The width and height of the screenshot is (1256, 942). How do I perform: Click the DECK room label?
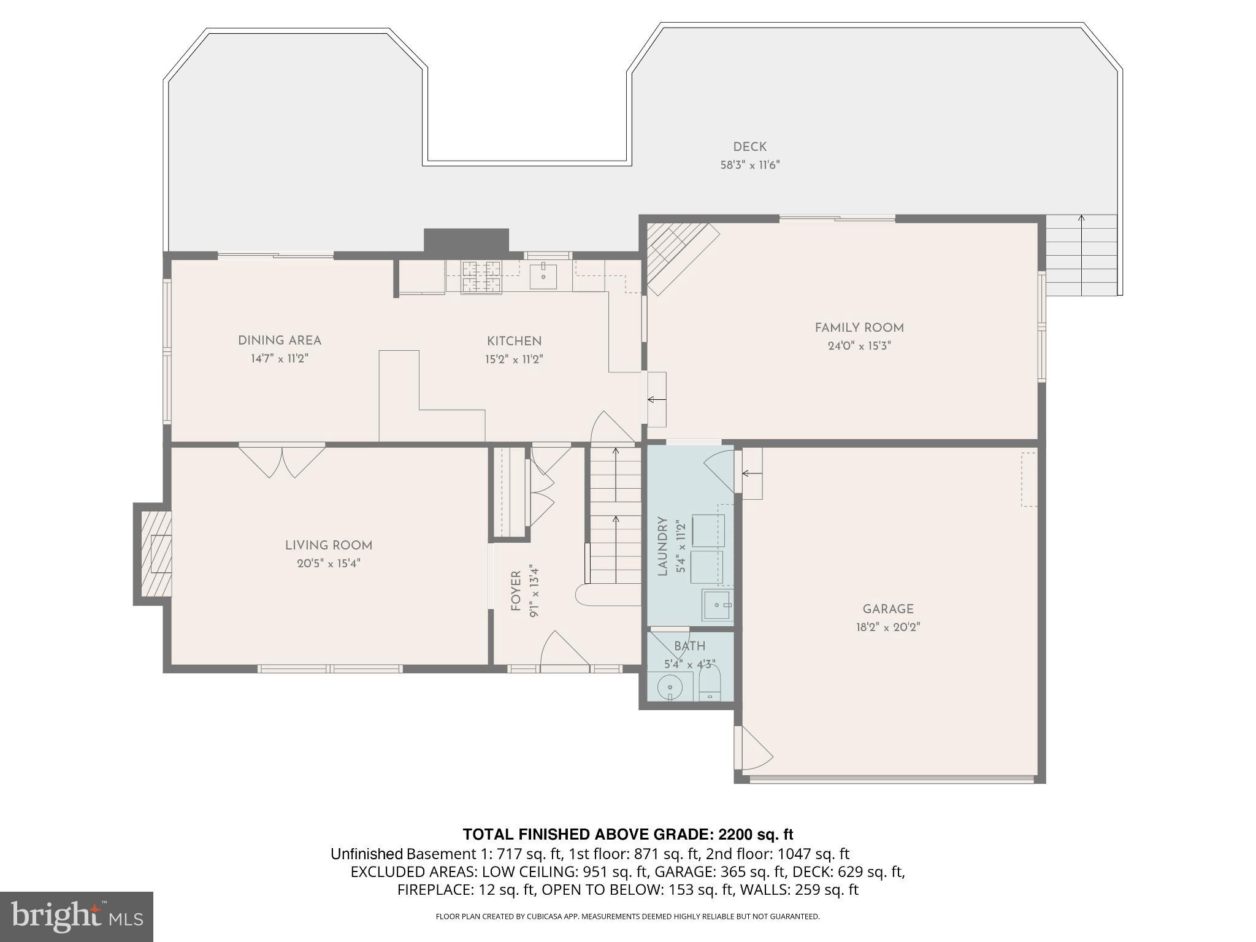(x=749, y=147)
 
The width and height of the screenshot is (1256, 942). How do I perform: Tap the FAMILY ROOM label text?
(x=859, y=328)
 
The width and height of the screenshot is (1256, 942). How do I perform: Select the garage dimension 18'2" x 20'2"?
(x=888, y=627)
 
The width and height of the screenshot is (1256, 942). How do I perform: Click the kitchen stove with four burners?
(x=481, y=276)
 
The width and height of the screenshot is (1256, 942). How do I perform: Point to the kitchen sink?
(x=543, y=276)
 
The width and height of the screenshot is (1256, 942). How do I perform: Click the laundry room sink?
(x=716, y=605)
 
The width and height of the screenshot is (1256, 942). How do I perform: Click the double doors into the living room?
(x=282, y=460)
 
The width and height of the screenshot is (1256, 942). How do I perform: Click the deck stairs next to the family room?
(x=1081, y=255)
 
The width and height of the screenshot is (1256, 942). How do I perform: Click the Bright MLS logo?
(x=76, y=916)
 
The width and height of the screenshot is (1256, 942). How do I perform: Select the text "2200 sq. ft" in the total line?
(x=756, y=835)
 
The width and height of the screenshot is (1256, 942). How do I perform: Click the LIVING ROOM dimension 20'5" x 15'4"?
(x=329, y=564)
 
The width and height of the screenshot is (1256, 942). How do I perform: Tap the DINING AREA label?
(x=279, y=341)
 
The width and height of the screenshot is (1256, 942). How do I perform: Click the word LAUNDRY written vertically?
(x=662, y=546)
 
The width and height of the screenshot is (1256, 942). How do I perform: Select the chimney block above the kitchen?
(x=466, y=240)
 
